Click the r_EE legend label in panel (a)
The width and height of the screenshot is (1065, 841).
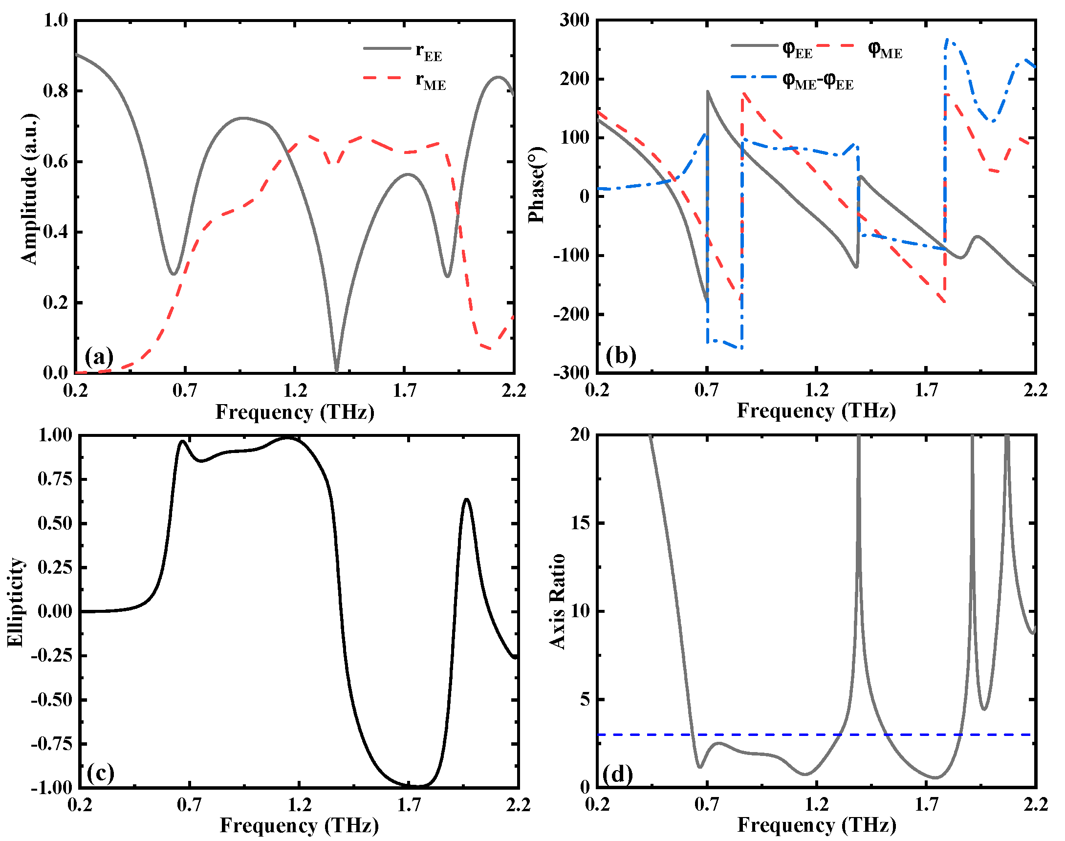tap(428, 51)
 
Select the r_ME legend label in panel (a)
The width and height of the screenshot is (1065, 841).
tap(430, 81)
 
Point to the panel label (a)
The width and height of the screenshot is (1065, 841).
tap(98, 355)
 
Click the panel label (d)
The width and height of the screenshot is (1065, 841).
tap(617, 775)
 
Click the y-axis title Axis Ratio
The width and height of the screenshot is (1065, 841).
tap(557, 602)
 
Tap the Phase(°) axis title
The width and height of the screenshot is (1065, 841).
tap(536, 185)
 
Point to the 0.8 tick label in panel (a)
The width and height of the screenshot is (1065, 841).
tap(55, 91)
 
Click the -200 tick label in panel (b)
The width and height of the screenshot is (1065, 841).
tap(571, 314)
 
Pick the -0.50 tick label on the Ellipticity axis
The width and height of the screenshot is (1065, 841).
tap(51, 700)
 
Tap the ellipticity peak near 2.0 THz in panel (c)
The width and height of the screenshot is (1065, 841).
tap(466, 499)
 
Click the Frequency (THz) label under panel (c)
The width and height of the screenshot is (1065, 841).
tap(299, 825)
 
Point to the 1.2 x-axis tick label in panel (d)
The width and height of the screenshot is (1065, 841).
tap(816, 804)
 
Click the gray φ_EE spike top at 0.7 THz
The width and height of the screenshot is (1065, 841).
tap(708, 91)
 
